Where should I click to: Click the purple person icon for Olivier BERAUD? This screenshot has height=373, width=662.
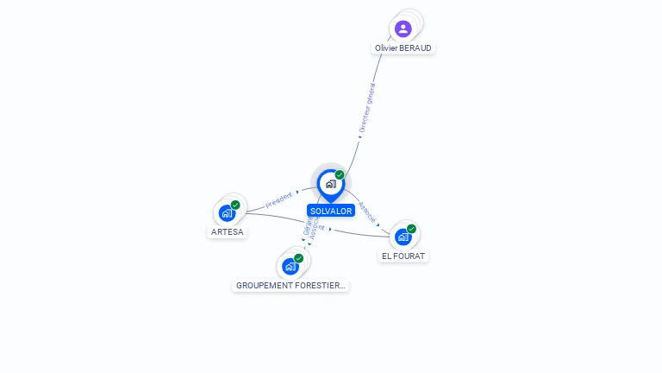[x=403, y=28]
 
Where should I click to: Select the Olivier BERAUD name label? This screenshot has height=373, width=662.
[x=403, y=48]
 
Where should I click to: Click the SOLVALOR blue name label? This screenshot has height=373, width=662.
[x=331, y=211]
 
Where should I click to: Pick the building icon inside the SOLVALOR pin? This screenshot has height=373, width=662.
[x=330, y=184]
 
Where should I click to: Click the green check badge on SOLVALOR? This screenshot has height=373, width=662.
[x=340, y=175]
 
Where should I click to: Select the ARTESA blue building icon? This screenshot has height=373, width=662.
[x=226, y=212]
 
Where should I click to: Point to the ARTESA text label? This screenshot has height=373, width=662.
[x=228, y=232]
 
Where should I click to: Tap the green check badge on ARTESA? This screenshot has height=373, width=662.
[x=235, y=205]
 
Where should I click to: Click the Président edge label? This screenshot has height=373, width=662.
[x=279, y=199]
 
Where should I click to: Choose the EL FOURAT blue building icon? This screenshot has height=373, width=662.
[x=403, y=237]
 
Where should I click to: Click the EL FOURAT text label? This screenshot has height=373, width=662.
[x=404, y=256]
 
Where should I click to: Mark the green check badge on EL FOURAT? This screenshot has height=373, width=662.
[x=411, y=229]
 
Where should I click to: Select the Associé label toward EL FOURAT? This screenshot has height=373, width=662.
[x=367, y=212]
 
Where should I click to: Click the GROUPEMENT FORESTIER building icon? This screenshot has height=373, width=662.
[x=290, y=266]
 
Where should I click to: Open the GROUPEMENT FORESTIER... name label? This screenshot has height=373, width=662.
[x=290, y=285]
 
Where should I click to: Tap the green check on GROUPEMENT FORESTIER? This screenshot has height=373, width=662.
[x=298, y=258]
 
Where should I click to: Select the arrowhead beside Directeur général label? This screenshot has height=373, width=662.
[x=359, y=136]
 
